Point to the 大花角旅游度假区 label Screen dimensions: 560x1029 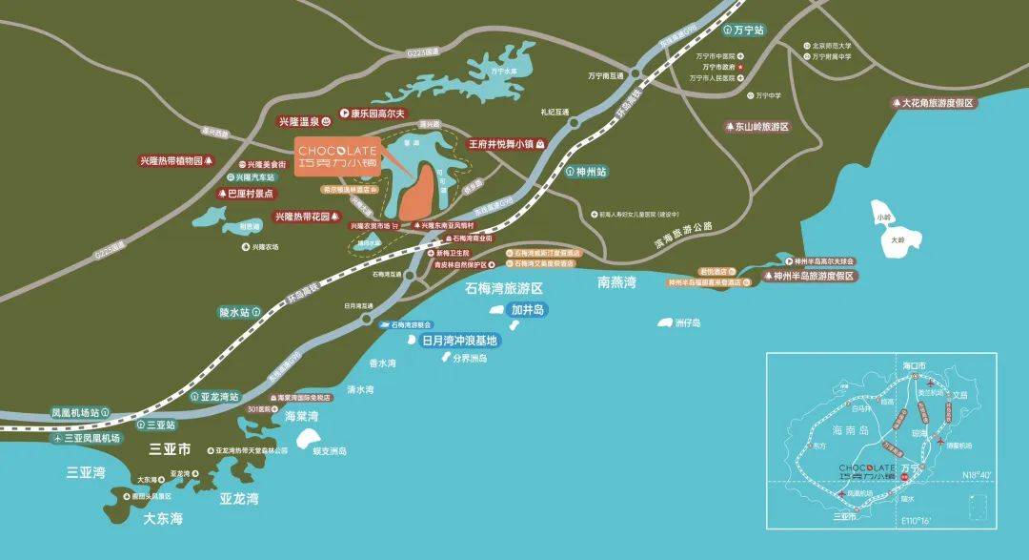[x=938, y=102]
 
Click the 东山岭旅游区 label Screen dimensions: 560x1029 [x=757, y=126]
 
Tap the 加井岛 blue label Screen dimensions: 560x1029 [x=525, y=309]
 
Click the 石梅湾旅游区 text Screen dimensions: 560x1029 [x=503, y=287]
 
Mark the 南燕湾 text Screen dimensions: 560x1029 [x=616, y=281]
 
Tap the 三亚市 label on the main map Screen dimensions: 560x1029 [x=171, y=448]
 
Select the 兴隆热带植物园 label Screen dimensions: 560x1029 [x=178, y=161]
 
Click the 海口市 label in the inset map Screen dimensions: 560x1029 [x=914, y=366]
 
